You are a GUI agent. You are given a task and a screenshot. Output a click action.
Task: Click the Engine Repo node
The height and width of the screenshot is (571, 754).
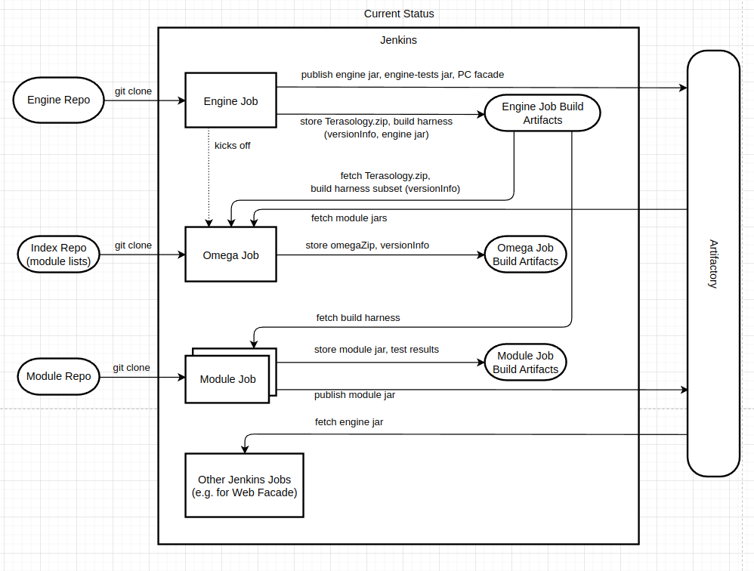coord(58,100)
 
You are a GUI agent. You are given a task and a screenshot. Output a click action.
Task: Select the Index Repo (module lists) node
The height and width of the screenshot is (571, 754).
coord(58,255)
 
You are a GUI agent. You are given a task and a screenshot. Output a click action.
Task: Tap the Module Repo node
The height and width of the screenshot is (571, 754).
coord(58,376)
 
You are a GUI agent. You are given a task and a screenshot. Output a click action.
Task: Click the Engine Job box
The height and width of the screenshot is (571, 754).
coord(230,100)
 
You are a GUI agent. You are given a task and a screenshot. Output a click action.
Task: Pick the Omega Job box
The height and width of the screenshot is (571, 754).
coord(230,255)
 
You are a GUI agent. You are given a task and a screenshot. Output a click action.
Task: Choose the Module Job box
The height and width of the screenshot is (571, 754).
coord(227,379)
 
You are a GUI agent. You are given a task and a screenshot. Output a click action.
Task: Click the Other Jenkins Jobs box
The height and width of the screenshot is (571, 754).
coord(244,486)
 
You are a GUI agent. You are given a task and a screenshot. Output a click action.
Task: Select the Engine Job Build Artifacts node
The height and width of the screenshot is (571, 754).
coord(542,113)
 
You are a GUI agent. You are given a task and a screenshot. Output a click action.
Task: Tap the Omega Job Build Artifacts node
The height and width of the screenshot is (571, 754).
coord(525,255)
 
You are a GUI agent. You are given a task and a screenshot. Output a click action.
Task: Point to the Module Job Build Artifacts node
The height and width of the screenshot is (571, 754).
coord(525,363)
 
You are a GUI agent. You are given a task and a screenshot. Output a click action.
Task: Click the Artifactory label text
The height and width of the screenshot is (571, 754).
coord(713,263)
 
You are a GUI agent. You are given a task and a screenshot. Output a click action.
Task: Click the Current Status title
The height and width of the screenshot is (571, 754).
coord(399,14)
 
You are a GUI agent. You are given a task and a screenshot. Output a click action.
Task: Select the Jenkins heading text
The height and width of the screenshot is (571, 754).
coord(398,40)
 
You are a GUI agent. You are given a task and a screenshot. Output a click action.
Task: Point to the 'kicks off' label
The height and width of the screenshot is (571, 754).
coord(232,145)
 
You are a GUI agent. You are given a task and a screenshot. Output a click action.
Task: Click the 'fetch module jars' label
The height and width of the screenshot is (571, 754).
coord(349,218)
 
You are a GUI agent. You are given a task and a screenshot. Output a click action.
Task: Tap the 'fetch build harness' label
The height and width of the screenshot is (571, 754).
coord(358,318)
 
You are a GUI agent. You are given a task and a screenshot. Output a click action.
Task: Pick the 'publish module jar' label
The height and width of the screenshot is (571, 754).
coord(354,395)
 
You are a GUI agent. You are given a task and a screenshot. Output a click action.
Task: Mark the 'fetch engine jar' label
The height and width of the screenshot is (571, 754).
coord(349,422)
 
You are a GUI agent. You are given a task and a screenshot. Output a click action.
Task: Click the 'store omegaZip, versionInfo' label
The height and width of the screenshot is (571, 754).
coord(367,245)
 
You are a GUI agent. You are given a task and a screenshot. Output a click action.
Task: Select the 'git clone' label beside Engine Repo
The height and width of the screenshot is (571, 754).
coord(133,91)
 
